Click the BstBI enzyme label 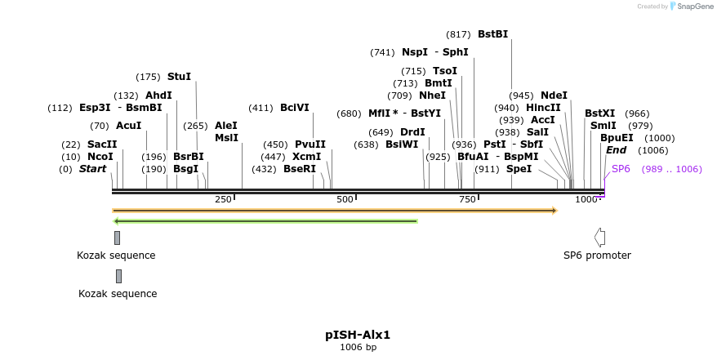click(492, 34)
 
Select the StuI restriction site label click(179, 77)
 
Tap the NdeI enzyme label click(554, 96)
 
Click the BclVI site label click(295, 108)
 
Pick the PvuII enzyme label click(310, 144)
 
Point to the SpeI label click(519, 169)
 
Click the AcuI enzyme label click(128, 126)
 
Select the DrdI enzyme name click(412, 132)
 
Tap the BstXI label click(599, 113)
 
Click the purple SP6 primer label click(621, 169)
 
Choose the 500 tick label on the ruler click(345, 200)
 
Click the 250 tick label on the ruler click(223, 200)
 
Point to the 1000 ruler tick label click(586, 200)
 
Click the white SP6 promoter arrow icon click(600, 238)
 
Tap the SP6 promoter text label click(597, 256)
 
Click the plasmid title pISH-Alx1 click(358, 335)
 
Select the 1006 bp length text click(358, 348)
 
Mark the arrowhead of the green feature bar click(117, 220)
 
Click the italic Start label click(92, 169)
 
